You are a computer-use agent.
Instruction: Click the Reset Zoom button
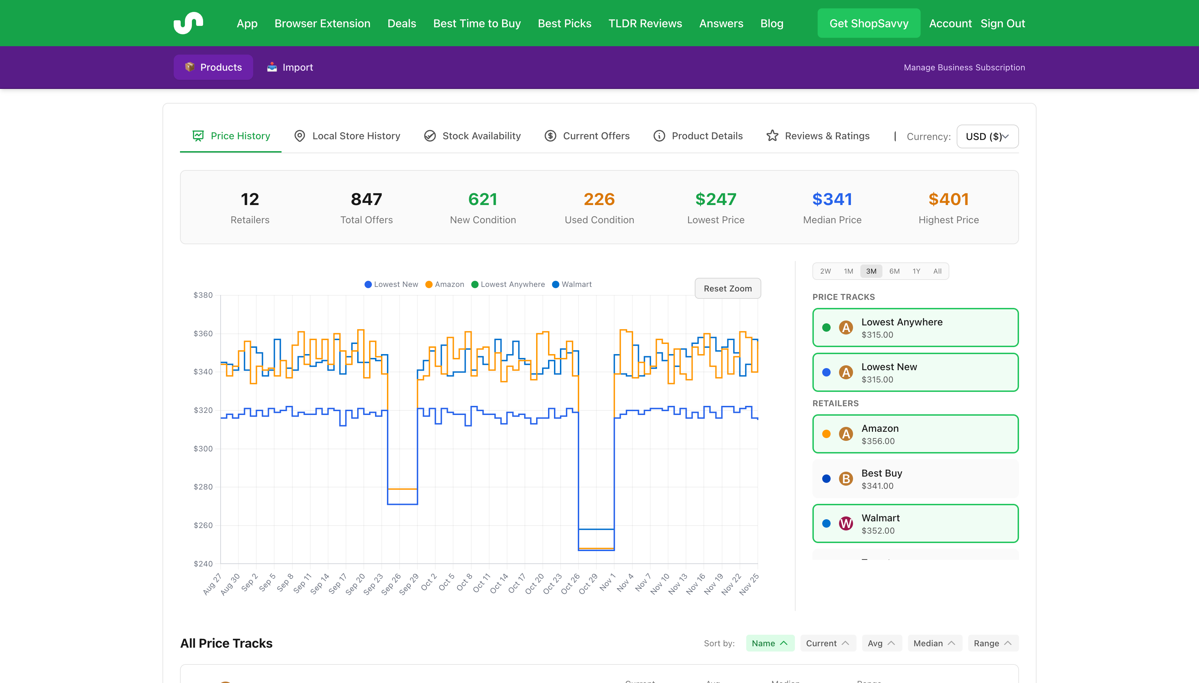click(x=727, y=289)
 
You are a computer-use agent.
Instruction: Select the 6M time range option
click(x=894, y=271)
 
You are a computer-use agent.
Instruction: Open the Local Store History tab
click(x=347, y=136)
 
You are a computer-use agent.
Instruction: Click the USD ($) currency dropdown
click(x=987, y=136)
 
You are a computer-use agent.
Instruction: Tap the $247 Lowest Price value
click(x=715, y=199)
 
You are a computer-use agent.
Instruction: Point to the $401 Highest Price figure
click(x=948, y=199)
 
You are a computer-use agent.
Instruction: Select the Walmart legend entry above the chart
click(x=572, y=284)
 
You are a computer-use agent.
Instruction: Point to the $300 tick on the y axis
click(x=203, y=449)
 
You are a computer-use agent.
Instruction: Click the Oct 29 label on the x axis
click(x=588, y=584)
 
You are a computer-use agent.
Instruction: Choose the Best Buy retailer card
click(x=915, y=479)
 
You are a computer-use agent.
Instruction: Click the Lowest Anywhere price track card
click(x=915, y=328)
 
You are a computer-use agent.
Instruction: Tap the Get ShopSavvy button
click(x=868, y=23)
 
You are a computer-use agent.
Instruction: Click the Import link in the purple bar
click(x=290, y=67)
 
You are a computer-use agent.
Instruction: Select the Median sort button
click(x=934, y=643)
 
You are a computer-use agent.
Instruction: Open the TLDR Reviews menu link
click(x=645, y=23)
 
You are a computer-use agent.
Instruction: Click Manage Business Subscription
click(x=964, y=67)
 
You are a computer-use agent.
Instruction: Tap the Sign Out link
click(x=1002, y=23)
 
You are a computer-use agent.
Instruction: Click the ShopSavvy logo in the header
click(x=188, y=23)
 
